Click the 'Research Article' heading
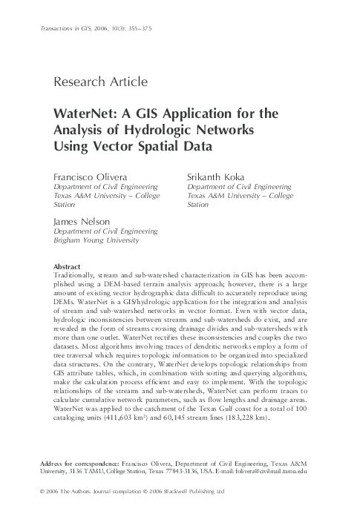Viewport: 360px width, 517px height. click(101, 82)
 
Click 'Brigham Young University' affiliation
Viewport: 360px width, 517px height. click(96, 241)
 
